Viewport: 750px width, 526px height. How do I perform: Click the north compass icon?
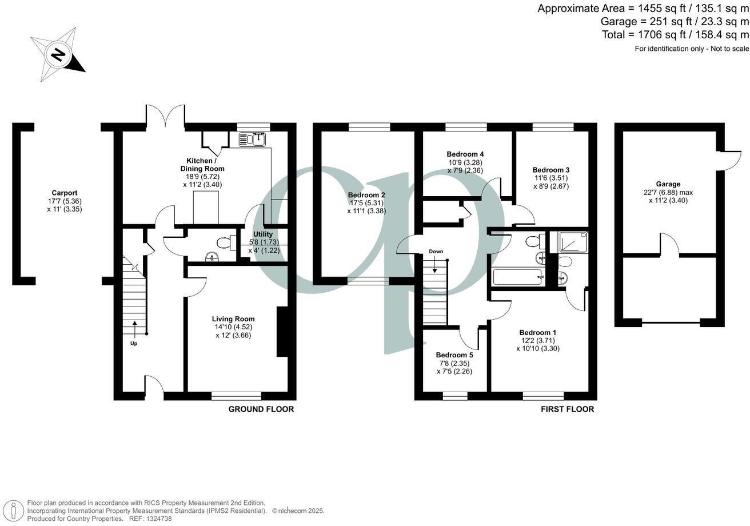pos(57,54)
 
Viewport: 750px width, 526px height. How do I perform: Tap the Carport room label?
pos(65,193)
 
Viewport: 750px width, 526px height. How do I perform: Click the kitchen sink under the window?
pos(253,138)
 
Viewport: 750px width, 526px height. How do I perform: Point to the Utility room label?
pos(263,234)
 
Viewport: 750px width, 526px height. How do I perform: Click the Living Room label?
pos(233,319)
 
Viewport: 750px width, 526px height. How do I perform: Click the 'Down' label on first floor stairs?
pos(436,252)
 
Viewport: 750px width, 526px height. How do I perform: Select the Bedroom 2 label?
pos(366,195)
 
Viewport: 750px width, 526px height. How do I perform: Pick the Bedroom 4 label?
pos(465,154)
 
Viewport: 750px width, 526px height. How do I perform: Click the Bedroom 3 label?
pos(550,170)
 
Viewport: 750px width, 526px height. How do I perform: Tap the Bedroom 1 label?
pos(537,332)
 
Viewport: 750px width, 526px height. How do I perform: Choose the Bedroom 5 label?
pos(454,354)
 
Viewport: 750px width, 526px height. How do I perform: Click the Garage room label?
pos(668,184)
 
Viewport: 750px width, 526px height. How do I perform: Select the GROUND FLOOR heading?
pos(261,409)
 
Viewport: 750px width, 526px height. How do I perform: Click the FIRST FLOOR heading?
pos(567,409)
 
